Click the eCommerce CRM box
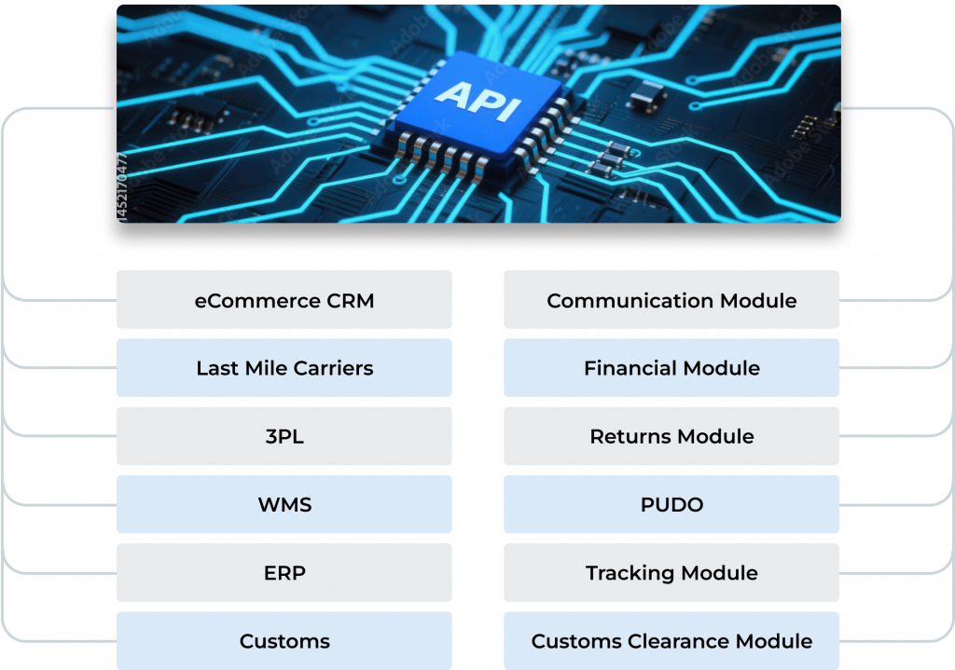click(284, 300)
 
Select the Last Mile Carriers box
click(284, 368)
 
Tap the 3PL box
click(284, 436)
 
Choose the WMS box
click(284, 505)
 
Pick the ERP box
click(284, 573)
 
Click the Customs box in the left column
click(284, 641)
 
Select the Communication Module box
click(671, 300)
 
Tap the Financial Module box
click(671, 368)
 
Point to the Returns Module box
click(671, 436)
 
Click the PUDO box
click(671, 505)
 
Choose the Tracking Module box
click(671, 573)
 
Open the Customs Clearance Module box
click(671, 641)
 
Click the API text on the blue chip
click(477, 100)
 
